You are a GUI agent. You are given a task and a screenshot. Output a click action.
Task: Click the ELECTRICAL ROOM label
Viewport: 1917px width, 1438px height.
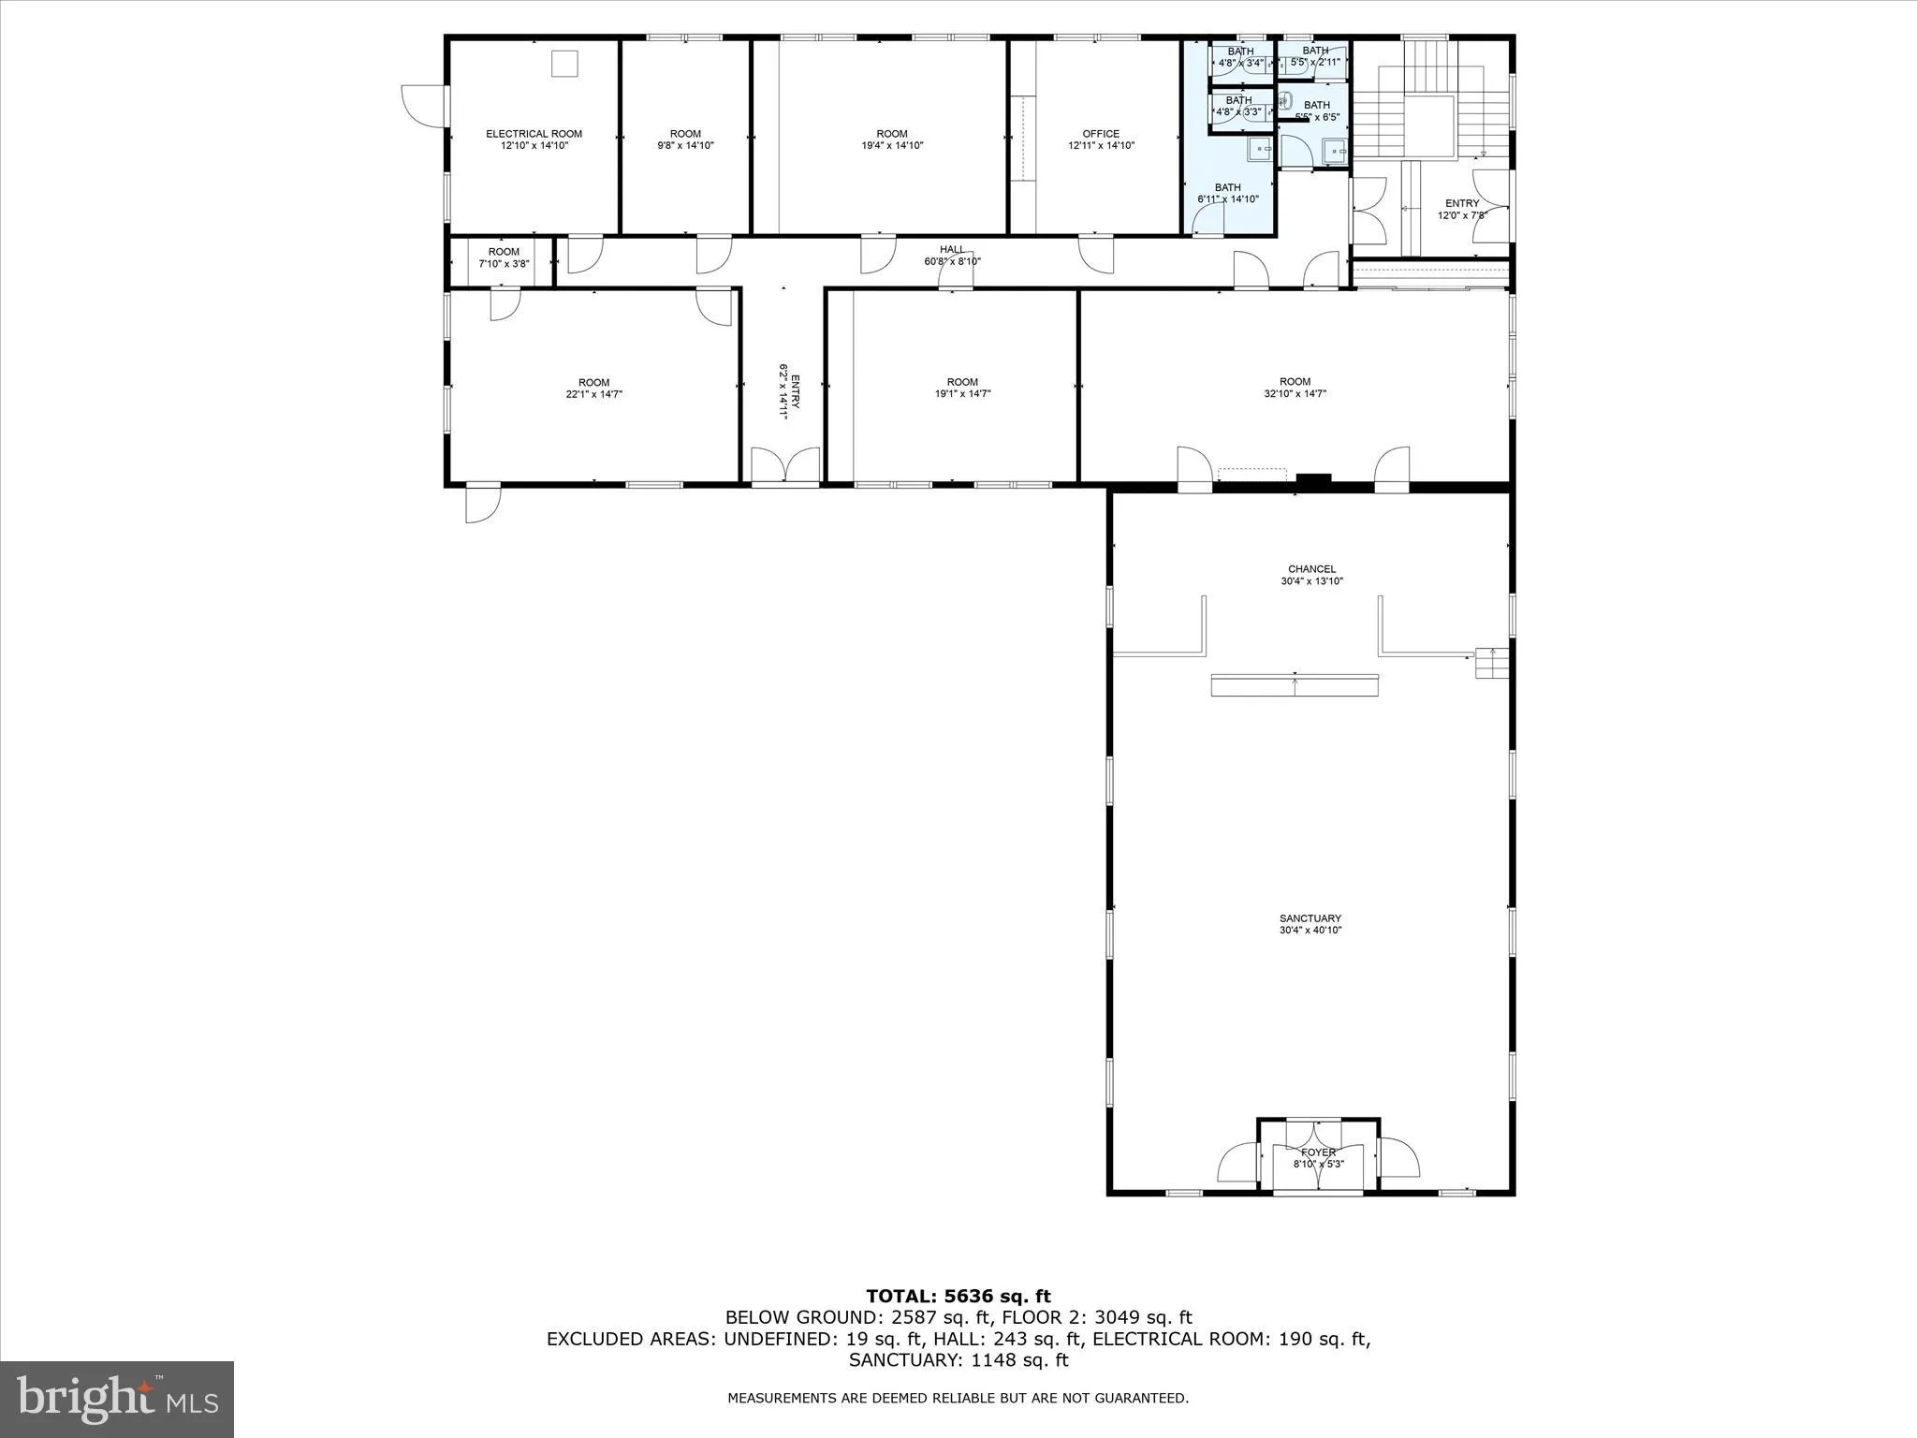click(x=534, y=134)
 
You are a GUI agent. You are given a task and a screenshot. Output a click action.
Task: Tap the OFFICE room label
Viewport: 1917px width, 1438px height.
click(x=1101, y=134)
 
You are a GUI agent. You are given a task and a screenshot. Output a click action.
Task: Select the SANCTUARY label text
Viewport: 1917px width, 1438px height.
click(x=1310, y=918)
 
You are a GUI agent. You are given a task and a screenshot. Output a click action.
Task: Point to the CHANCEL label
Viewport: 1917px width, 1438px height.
click(x=1311, y=569)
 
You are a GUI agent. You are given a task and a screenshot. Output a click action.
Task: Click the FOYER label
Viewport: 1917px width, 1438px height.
click(x=1318, y=1152)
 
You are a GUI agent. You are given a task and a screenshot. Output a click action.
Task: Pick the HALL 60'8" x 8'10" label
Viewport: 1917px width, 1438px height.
click(x=952, y=255)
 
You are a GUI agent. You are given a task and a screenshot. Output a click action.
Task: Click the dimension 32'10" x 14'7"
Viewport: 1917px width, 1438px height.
click(x=1295, y=394)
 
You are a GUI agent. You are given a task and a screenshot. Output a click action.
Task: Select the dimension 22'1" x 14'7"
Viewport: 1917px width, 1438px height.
click(x=593, y=395)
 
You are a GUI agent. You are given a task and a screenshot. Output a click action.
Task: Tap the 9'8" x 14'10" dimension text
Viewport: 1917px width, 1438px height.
click(x=685, y=146)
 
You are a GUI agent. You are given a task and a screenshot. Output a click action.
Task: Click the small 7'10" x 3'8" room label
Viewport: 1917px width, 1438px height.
click(x=504, y=257)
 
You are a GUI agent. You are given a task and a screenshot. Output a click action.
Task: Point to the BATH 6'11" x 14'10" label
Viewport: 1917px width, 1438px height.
click(x=1227, y=193)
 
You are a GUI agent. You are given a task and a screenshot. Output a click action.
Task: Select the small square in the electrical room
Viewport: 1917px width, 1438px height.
click(x=564, y=64)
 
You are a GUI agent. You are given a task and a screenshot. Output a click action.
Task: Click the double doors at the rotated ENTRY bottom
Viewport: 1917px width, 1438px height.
click(x=785, y=466)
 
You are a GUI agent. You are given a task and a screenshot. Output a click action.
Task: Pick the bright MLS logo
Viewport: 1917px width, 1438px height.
click(x=117, y=1399)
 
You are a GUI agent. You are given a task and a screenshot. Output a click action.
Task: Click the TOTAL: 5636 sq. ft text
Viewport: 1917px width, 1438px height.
click(x=958, y=1297)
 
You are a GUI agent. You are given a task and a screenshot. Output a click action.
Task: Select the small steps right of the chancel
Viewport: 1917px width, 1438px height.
click(x=1492, y=663)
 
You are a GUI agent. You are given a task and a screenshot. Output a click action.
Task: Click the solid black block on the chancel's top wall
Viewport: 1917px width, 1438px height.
click(x=1313, y=480)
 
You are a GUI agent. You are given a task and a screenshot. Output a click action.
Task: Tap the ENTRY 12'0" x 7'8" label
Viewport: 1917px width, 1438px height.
click(x=1462, y=209)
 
